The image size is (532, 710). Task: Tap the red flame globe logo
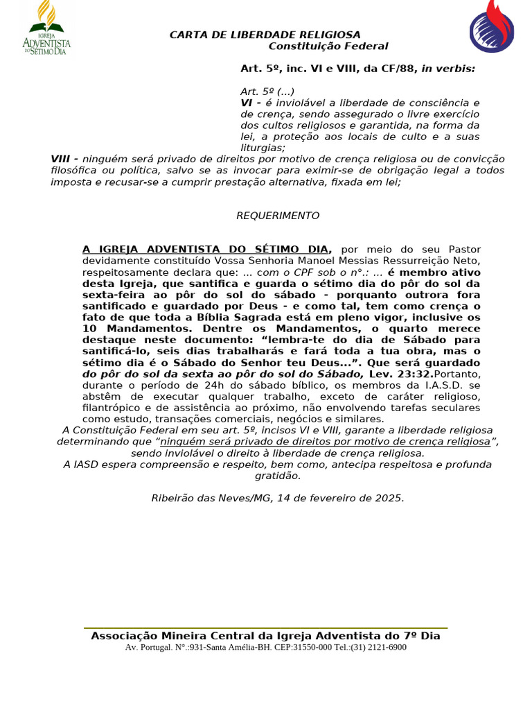point(491,28)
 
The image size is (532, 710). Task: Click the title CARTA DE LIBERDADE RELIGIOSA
point(265,35)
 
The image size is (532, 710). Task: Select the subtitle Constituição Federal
point(328,46)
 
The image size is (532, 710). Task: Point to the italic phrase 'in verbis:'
point(448,69)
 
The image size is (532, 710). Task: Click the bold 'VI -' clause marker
point(250,103)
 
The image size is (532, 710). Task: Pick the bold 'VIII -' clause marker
point(64,159)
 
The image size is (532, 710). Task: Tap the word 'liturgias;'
point(263,148)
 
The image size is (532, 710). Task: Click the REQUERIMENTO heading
point(278,216)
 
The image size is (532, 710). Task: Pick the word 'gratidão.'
point(278,476)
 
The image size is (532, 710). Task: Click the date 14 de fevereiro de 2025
point(335,498)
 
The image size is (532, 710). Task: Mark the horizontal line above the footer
point(265,628)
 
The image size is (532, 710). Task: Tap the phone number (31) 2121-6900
point(378,647)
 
